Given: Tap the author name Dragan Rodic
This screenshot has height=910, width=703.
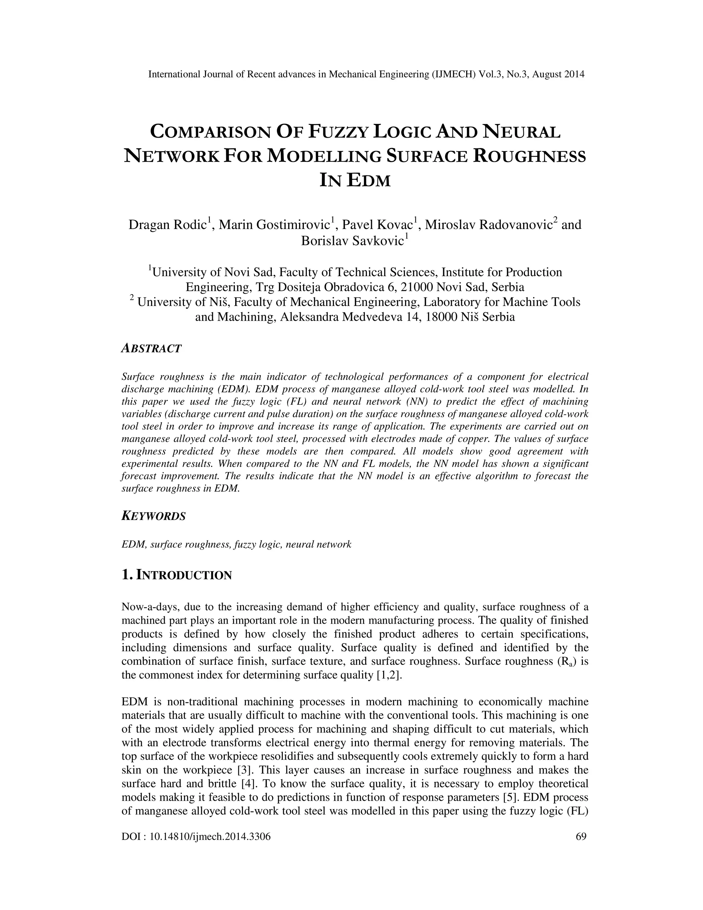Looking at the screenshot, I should click(168, 225).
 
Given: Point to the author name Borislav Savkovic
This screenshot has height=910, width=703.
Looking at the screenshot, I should click(352, 241).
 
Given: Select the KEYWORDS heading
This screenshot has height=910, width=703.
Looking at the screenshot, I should click(153, 516).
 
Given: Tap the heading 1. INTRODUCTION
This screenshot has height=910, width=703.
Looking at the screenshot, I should click(176, 576).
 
